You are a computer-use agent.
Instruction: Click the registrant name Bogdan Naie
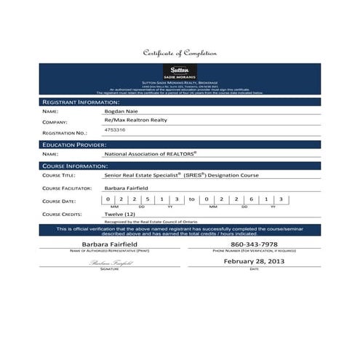(x=121, y=112)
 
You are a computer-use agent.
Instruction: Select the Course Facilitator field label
(x=68, y=188)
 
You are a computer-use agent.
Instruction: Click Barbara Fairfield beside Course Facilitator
(x=130, y=188)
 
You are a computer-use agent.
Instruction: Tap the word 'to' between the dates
(x=191, y=199)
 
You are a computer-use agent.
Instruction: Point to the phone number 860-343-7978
(x=254, y=244)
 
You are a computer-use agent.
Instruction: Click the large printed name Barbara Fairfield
(x=108, y=244)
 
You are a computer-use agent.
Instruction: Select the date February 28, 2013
(x=254, y=260)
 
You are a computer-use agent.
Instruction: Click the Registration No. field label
(x=65, y=134)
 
